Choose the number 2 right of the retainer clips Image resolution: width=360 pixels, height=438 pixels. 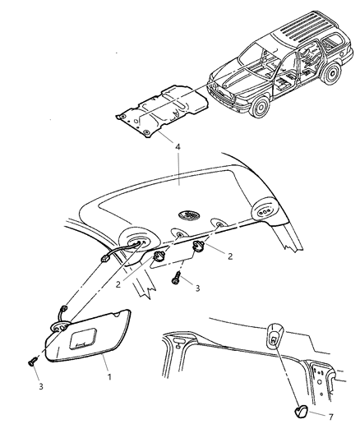[x=229, y=257]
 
